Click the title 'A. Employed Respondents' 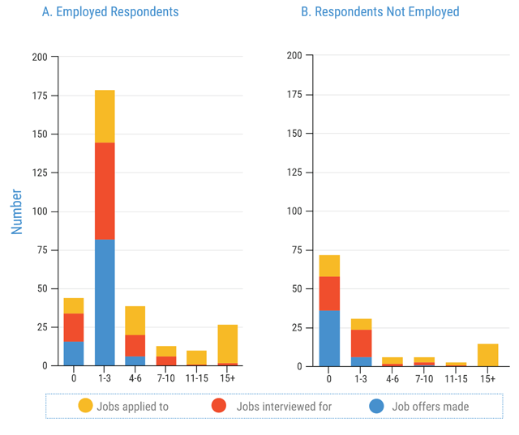click(110, 12)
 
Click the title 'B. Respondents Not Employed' click(380, 12)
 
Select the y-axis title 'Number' click(17, 211)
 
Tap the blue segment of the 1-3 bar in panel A click(105, 302)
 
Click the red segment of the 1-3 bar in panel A click(105, 191)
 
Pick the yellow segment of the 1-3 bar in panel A click(105, 117)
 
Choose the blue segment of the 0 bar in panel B click(329, 339)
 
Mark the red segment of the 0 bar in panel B click(329, 293)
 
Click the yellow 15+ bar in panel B click(487, 355)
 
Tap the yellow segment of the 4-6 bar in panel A click(135, 321)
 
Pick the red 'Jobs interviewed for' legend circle click(218, 406)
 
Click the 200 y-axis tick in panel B click(294, 56)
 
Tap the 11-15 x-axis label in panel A click(196, 378)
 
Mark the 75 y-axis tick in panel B click(297, 250)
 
